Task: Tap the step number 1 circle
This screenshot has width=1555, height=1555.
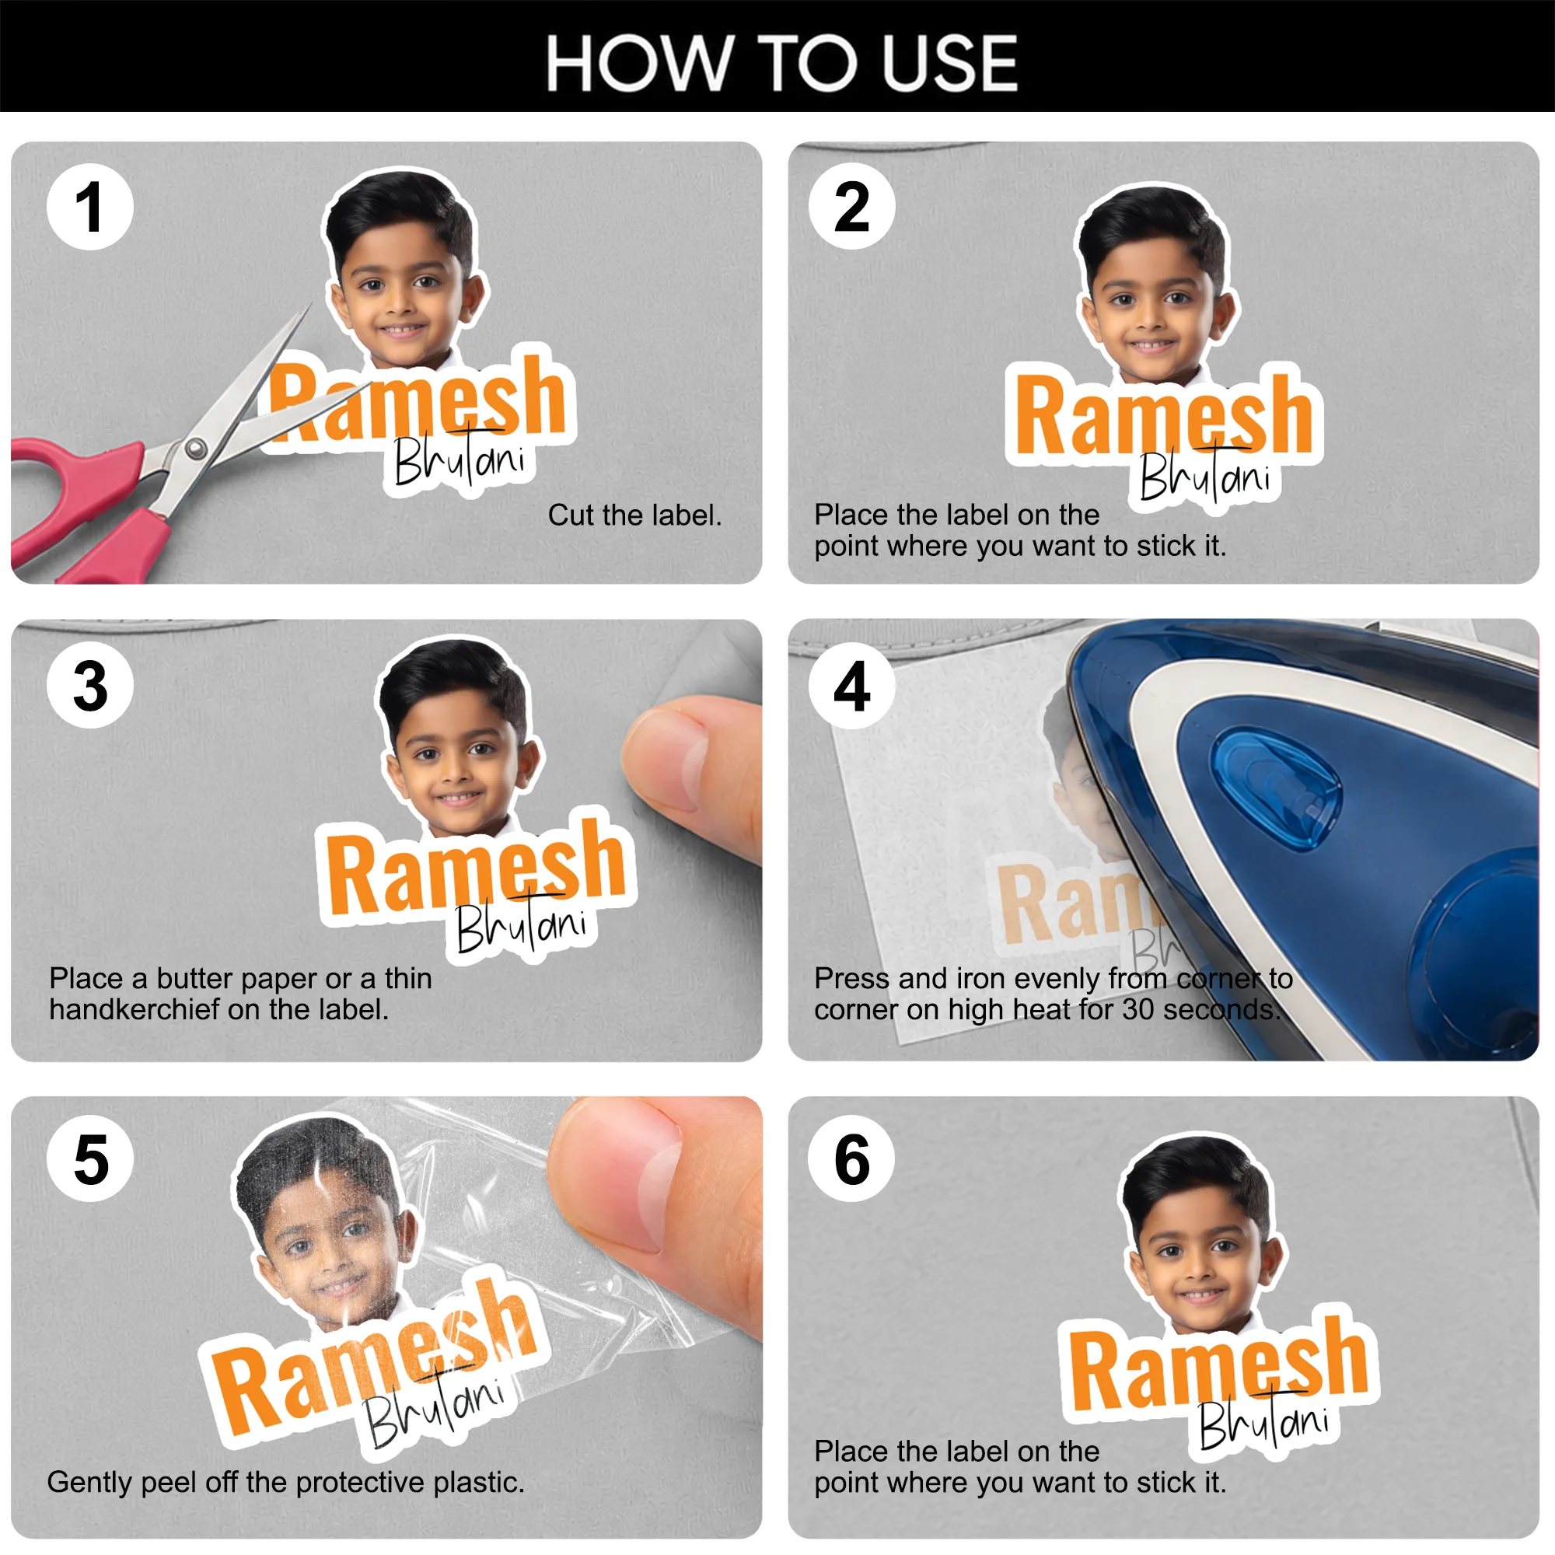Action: tap(90, 207)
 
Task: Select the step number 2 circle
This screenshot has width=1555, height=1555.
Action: tap(852, 206)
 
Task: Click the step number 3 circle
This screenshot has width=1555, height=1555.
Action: tap(90, 685)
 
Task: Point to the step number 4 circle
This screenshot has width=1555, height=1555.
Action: tap(852, 686)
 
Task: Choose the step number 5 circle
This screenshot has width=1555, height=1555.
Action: tap(90, 1159)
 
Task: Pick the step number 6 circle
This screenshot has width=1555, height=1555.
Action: tap(852, 1159)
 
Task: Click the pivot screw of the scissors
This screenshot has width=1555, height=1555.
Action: tap(195, 449)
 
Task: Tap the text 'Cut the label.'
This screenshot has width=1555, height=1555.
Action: tap(635, 515)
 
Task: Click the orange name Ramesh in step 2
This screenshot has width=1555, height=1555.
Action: tap(1164, 417)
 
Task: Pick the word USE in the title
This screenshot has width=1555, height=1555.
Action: tap(951, 64)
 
